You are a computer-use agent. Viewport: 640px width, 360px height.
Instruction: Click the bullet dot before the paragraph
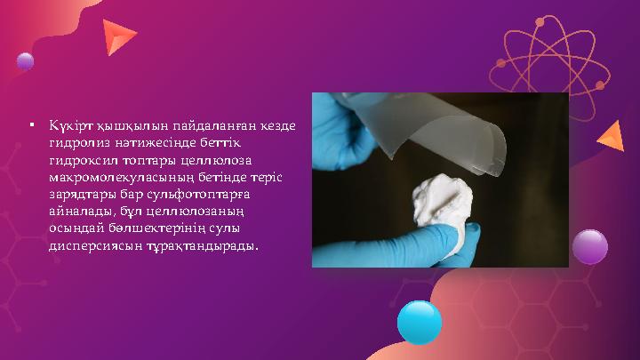tap(31, 125)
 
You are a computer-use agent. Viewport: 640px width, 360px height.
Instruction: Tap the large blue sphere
tap(419, 322)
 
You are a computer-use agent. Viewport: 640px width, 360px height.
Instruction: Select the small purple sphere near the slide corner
tap(25, 61)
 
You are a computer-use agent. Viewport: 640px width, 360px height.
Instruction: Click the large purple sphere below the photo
tap(589, 246)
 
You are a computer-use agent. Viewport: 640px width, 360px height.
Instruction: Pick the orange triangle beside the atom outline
tap(611, 135)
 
